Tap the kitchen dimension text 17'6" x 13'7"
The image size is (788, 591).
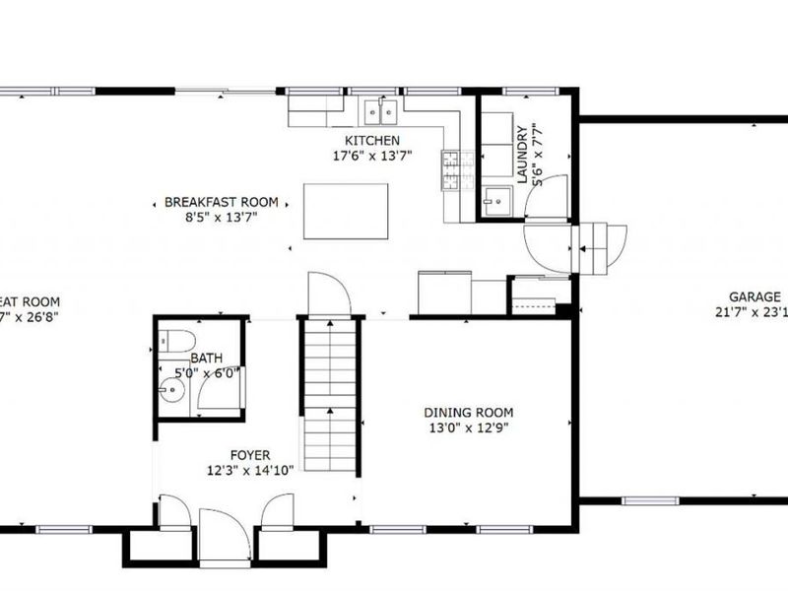(x=372, y=156)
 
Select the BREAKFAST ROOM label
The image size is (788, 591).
(x=221, y=202)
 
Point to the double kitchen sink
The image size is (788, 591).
(x=379, y=112)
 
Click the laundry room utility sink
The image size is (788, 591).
(x=495, y=202)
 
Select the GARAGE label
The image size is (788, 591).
(x=755, y=296)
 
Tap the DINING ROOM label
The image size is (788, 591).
(x=468, y=413)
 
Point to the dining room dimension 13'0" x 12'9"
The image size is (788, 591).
(x=468, y=427)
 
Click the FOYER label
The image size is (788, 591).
(x=250, y=455)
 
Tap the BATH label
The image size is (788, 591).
(x=207, y=359)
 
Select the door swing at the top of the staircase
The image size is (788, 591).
(x=327, y=294)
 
